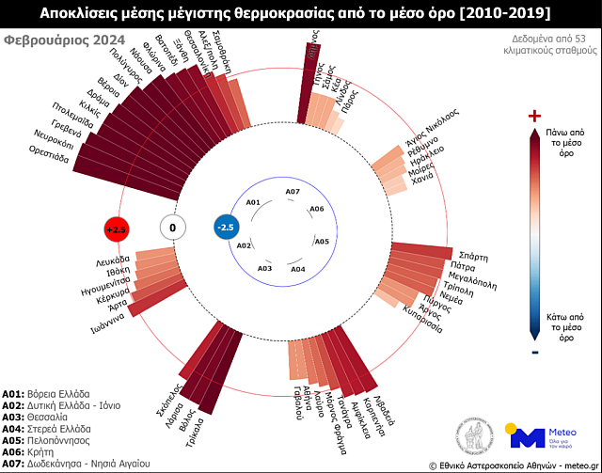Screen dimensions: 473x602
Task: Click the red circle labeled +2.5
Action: (x=116, y=229)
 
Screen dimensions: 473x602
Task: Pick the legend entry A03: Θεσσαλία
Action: (x=35, y=416)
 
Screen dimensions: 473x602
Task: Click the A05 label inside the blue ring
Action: (x=322, y=242)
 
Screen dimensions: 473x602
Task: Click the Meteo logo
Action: (x=544, y=435)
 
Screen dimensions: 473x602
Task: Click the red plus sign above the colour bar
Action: (x=535, y=116)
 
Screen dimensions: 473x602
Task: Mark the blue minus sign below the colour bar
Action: (x=535, y=352)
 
